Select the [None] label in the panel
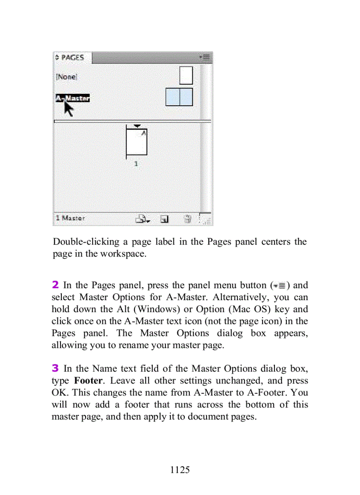(66, 77)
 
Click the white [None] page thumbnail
(186, 75)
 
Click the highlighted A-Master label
(72, 98)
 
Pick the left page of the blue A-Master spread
(172, 97)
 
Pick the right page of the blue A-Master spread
(186, 97)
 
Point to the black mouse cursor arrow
(68, 108)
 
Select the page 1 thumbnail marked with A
(137, 141)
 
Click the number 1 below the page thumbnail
(136, 164)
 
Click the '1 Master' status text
(70, 218)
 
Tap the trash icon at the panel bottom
(187, 218)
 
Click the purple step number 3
(55, 368)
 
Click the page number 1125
(180, 470)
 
